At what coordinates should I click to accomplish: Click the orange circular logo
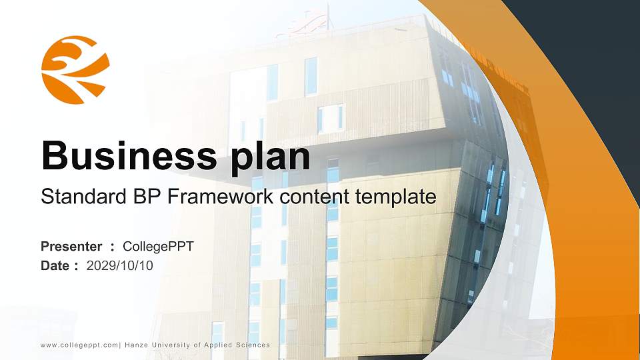click(75, 70)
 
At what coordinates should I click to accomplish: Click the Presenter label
click(71, 247)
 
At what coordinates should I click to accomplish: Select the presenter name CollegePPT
click(158, 247)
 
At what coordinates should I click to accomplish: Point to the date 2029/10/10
click(120, 266)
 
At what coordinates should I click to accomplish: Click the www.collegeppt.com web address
click(79, 345)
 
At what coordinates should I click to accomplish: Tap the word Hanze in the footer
click(136, 345)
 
